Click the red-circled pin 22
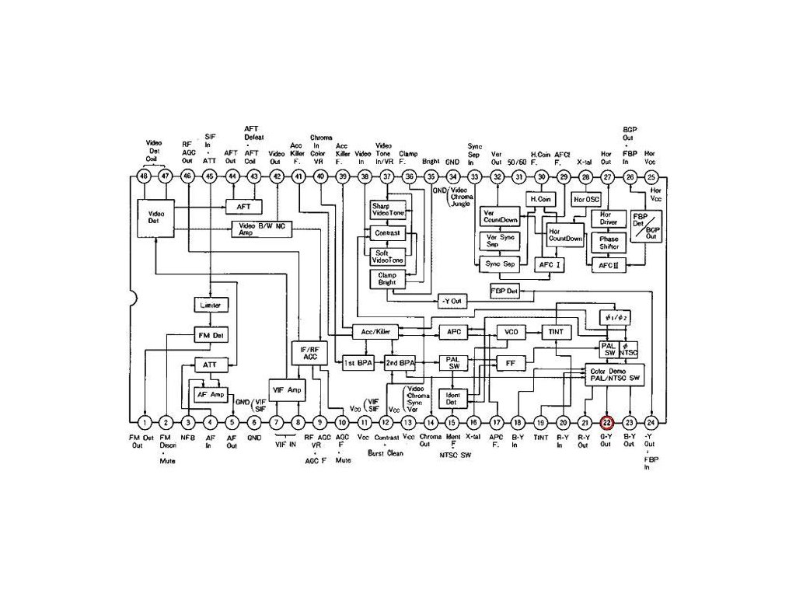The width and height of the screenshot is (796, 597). pos(607,422)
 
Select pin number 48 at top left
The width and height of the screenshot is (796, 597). pos(144,176)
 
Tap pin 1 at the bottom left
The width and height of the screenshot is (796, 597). pos(145,422)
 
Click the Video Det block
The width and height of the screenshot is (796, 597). pos(155,217)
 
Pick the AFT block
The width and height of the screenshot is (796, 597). pos(243,206)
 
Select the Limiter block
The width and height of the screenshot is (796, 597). pos(210,305)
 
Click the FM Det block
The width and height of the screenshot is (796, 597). pos(210,335)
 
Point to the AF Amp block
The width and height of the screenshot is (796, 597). pos(210,394)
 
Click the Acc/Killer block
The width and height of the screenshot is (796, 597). pos(375,332)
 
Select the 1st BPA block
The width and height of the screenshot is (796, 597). pos(358,363)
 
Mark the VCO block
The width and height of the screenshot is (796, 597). pos(511,332)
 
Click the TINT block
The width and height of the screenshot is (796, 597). pos(556,332)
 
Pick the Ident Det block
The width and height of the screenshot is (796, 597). pos(452,399)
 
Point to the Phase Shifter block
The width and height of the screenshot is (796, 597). pos(609,243)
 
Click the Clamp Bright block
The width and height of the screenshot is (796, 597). pos(387,278)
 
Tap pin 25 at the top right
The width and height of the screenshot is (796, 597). pos(651,176)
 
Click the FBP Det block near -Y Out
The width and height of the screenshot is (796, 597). pos(504,291)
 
